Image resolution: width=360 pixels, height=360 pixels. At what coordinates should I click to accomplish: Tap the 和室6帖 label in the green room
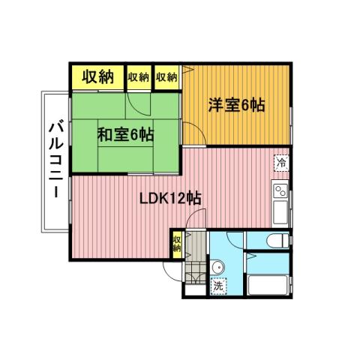125,135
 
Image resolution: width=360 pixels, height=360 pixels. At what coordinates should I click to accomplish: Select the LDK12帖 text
170,199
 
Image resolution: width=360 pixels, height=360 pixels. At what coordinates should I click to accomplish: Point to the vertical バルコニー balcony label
55,160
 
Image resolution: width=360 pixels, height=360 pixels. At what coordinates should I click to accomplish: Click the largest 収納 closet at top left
97,77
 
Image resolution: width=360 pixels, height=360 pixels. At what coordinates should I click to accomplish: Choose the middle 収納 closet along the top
139,77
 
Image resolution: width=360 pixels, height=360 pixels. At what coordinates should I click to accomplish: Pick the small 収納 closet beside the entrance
177,244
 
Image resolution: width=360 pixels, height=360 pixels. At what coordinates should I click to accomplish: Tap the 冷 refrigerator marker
281,163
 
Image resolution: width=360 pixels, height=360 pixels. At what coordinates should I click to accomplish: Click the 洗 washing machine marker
217,285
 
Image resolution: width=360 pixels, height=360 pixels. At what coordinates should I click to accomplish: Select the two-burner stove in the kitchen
281,188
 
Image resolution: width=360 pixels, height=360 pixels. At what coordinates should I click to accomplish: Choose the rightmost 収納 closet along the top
166,77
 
